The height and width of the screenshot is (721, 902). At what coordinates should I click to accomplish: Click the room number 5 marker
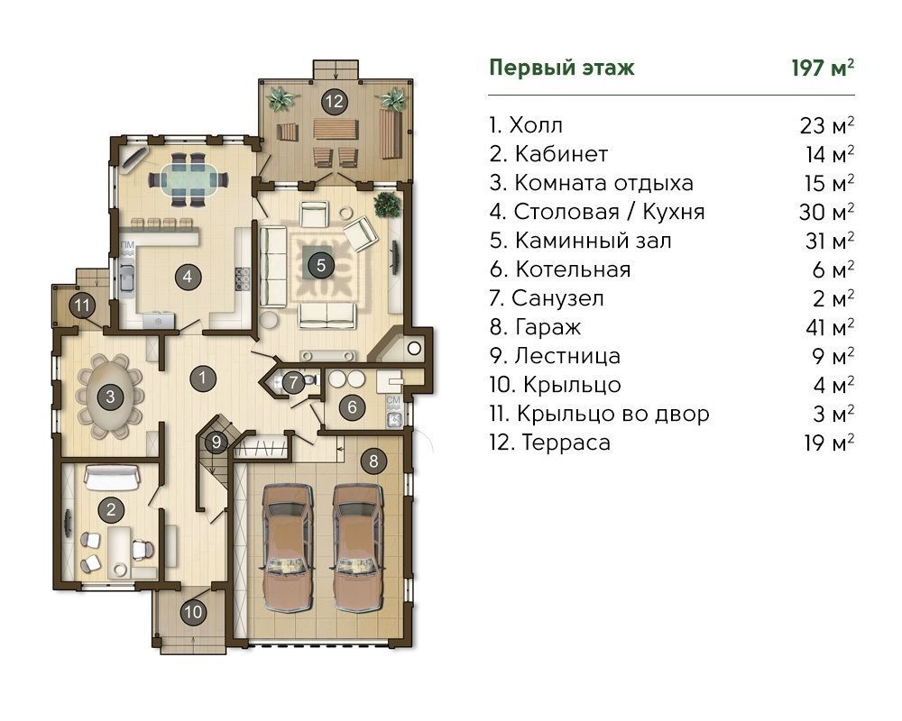(x=321, y=265)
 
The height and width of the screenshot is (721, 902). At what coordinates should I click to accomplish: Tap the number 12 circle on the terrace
(x=335, y=102)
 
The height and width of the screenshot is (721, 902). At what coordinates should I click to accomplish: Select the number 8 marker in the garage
(x=374, y=461)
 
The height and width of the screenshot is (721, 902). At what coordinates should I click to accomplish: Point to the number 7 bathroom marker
(x=293, y=382)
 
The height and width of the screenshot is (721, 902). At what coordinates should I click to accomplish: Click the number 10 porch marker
(x=193, y=611)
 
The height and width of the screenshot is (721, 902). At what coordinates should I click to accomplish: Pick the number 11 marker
(x=82, y=305)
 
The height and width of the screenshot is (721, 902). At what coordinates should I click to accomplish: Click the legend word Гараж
(x=548, y=328)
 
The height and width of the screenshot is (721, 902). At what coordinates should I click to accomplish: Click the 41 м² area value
(x=830, y=326)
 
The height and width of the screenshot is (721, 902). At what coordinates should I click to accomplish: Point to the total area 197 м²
(x=823, y=68)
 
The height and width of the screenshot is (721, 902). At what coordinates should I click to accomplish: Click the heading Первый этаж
(x=561, y=68)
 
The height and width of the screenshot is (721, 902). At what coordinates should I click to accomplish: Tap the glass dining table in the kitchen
(x=189, y=179)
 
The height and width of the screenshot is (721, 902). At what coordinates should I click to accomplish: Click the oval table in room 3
(x=109, y=397)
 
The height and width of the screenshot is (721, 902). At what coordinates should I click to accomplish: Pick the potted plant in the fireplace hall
(x=388, y=205)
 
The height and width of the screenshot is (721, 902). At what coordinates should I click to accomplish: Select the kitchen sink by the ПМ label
(x=126, y=278)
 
